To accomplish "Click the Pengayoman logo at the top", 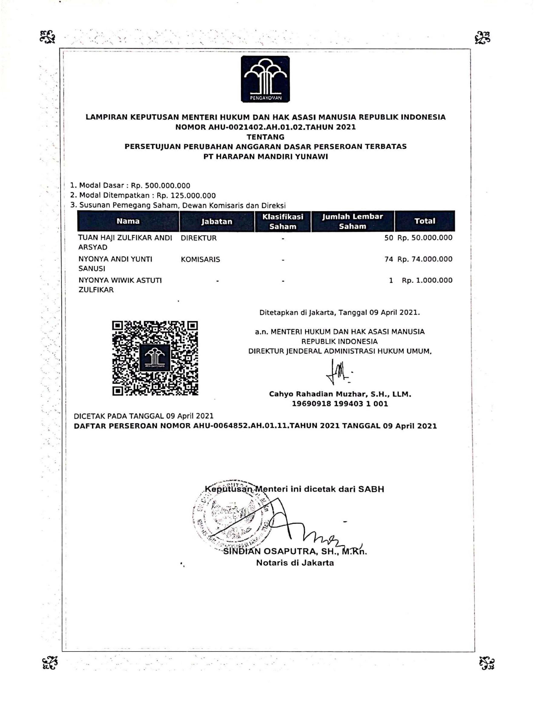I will [265, 79].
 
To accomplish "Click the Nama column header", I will [128, 221].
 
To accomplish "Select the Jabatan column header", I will [217, 222].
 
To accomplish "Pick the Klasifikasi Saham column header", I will [283, 222].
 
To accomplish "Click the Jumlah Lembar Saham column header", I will [353, 222].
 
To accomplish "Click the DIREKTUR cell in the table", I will [198, 238].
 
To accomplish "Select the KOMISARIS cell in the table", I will [200, 259].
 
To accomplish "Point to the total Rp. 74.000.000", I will [425, 259].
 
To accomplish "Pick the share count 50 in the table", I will [389, 238].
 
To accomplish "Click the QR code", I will [155, 358].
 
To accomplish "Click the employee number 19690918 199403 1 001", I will [340, 404].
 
